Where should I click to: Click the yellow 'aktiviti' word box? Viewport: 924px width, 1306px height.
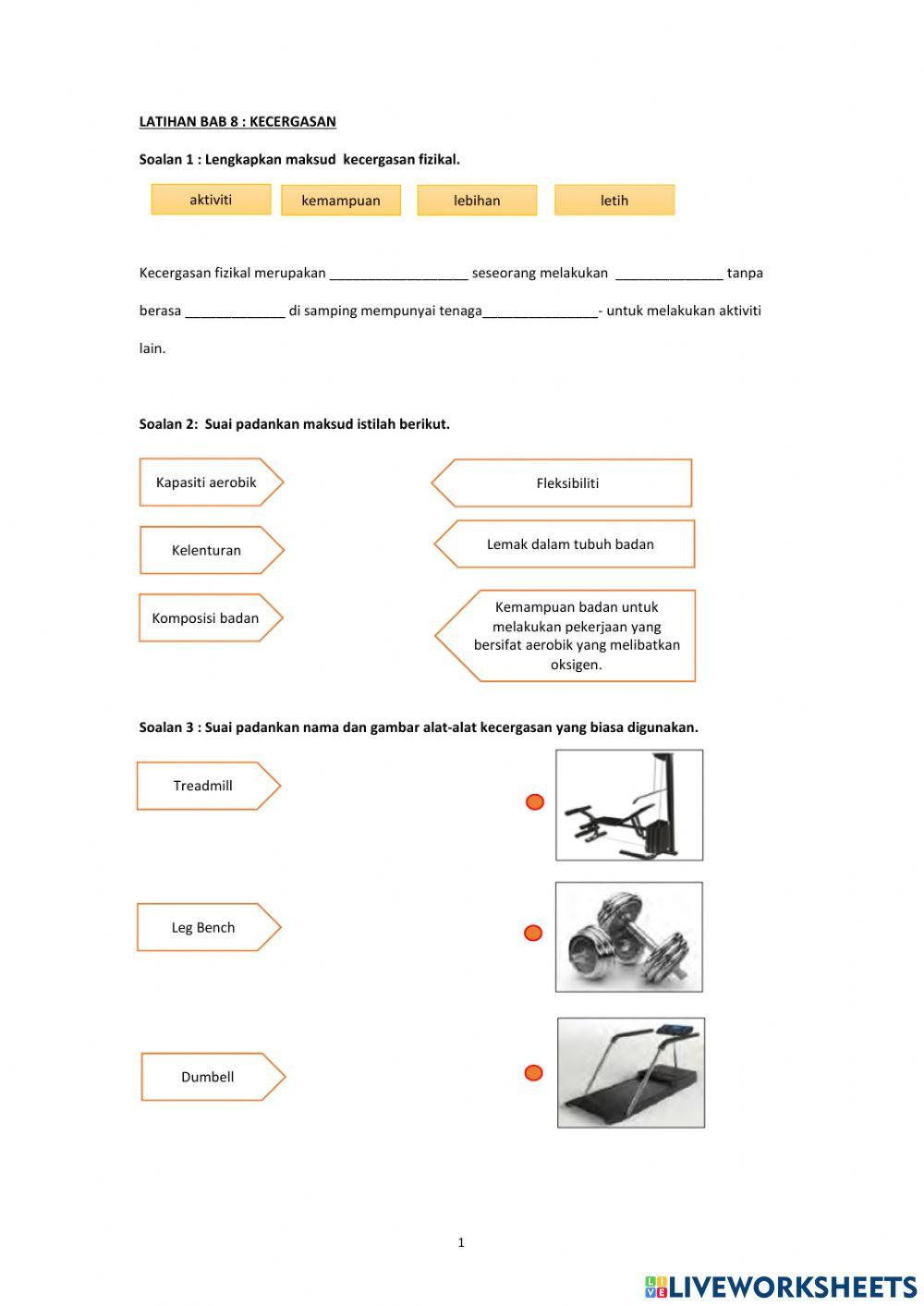(211, 200)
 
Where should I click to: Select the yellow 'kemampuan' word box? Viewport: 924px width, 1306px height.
(341, 201)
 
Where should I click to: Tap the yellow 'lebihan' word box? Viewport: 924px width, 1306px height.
(477, 201)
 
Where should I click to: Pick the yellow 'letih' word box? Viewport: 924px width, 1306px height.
(614, 201)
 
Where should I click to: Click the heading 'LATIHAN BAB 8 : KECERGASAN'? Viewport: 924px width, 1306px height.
(237, 121)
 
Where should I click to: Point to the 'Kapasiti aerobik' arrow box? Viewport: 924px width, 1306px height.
(207, 482)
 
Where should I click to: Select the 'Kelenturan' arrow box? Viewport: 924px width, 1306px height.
(207, 550)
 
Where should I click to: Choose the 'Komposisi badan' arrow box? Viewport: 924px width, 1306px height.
(206, 618)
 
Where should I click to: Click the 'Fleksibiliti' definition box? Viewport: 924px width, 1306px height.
(566, 483)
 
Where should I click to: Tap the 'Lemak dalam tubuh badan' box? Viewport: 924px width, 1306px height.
(569, 544)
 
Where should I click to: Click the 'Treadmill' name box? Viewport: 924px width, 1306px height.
(203, 786)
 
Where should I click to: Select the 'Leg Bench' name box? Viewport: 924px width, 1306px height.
(203, 927)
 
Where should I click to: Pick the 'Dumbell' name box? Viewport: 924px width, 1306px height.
(208, 1077)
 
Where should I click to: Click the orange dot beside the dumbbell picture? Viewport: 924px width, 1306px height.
(533, 934)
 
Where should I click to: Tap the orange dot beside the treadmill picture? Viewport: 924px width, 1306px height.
(533, 1073)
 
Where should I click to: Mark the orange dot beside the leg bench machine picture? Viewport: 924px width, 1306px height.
(535, 802)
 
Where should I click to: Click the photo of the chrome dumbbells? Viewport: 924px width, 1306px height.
(628, 937)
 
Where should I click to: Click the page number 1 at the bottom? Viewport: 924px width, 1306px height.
(461, 1243)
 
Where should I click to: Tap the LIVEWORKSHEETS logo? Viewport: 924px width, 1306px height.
(781, 1287)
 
